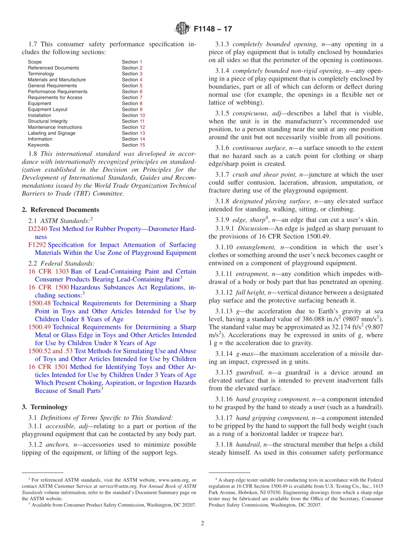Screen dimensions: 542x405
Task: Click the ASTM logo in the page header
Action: [182, 29]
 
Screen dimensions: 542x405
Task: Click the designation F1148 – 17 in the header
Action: [213, 29]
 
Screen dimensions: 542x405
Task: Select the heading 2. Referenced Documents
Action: [61, 210]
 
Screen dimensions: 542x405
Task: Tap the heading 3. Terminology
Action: [45, 407]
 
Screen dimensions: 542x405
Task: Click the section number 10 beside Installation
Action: [142, 115]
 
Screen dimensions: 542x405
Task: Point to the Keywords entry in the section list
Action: [38, 145]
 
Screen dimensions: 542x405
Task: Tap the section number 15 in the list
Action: [142, 145]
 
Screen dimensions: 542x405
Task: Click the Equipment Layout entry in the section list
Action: [47, 110]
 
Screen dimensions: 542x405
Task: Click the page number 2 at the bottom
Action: [202, 523]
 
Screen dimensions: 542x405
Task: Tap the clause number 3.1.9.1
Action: [224, 228]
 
